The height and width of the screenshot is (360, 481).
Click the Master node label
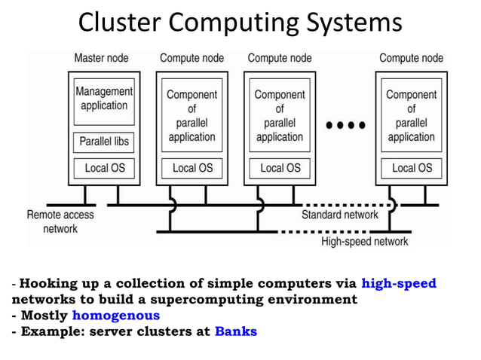pos(102,58)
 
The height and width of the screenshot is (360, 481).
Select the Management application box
pos(104,102)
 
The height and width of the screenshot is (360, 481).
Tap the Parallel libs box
pos(104,142)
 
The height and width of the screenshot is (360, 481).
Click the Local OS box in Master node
pos(104,168)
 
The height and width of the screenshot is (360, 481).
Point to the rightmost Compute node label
pos(412,58)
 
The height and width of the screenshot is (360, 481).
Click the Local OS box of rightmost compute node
pos(412,168)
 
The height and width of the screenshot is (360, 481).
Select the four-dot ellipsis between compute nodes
pos(346,125)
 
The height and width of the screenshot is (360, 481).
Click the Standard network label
pos(340,215)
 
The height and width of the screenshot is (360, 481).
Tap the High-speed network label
pos(365,242)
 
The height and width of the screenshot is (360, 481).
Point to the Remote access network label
pos(60,221)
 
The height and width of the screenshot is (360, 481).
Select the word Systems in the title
pos(354,23)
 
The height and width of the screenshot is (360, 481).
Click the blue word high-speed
pos(399,283)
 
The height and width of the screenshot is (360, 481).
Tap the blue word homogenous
pos(116,316)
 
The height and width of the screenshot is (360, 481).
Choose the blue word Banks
pos(236,331)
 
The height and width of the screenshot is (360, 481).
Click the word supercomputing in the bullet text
pos(207,300)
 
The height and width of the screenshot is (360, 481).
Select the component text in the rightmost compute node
pos(412,115)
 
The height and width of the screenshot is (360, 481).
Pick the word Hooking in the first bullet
pos(48,284)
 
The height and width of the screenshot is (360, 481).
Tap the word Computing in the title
pos(234,23)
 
